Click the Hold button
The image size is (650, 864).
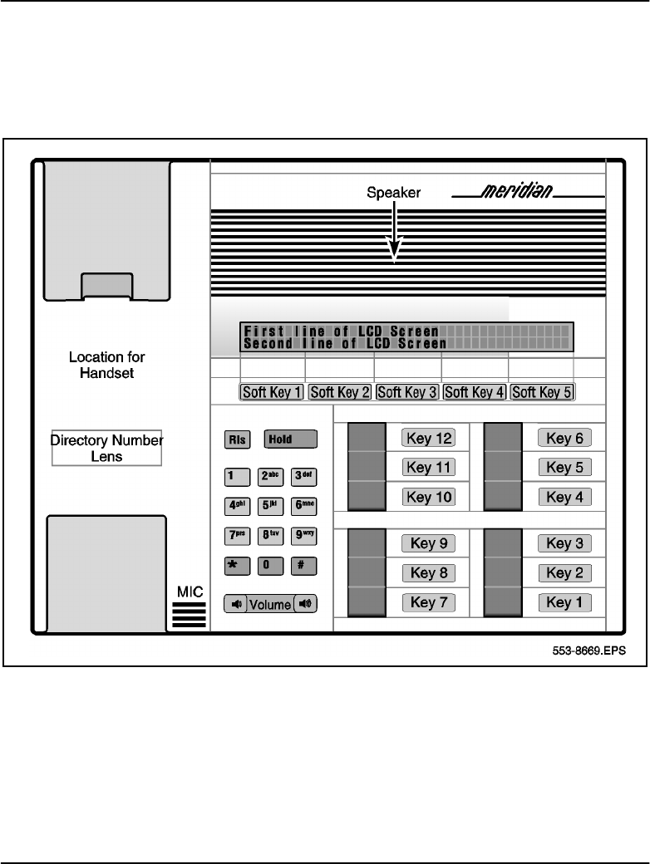(x=290, y=438)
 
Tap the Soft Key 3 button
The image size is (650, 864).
(x=407, y=392)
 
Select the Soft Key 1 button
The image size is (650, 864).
(x=271, y=392)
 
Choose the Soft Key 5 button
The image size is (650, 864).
(x=542, y=392)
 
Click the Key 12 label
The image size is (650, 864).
(x=428, y=438)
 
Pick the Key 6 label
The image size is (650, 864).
(x=564, y=438)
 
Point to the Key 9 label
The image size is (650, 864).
(x=428, y=544)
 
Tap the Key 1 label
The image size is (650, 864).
(x=564, y=602)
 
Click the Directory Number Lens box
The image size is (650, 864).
(x=106, y=448)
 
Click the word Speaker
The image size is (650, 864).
(x=395, y=193)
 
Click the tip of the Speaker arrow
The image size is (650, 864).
(x=395, y=259)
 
